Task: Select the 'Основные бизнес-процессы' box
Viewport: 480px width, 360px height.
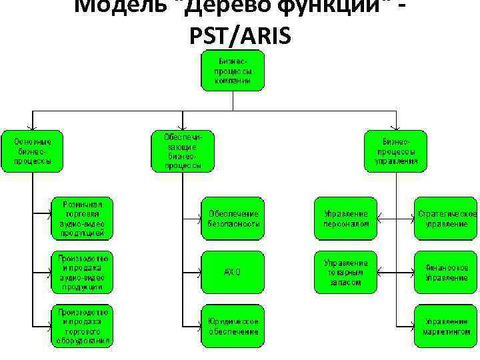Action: pos(32,151)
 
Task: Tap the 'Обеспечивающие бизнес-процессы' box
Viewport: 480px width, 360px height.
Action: pos(183,151)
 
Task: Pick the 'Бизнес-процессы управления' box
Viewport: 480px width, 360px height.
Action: pos(396,151)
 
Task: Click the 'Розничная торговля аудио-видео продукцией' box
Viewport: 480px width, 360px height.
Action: pos(82,217)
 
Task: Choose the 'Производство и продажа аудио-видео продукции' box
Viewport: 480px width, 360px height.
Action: pos(82,271)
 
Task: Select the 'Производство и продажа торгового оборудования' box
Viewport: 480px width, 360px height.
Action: pos(82,325)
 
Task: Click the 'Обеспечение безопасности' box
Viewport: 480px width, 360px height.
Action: pos(233,218)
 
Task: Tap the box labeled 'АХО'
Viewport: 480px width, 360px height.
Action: pos(233,272)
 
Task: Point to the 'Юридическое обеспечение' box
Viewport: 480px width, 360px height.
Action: pos(233,326)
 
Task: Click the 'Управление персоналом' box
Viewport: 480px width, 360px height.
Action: pos(345,218)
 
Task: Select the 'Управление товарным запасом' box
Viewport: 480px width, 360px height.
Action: pos(345,272)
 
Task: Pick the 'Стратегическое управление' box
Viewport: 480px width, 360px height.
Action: pos(446,218)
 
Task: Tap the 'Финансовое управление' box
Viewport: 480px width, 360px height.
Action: pos(446,272)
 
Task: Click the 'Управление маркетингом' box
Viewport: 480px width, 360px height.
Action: pos(446,326)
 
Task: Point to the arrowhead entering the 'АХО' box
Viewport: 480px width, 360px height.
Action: pos(199,272)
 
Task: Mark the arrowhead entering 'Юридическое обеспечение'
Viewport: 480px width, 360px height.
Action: pos(199,326)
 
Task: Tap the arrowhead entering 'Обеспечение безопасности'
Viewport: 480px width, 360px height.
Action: pos(199,218)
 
